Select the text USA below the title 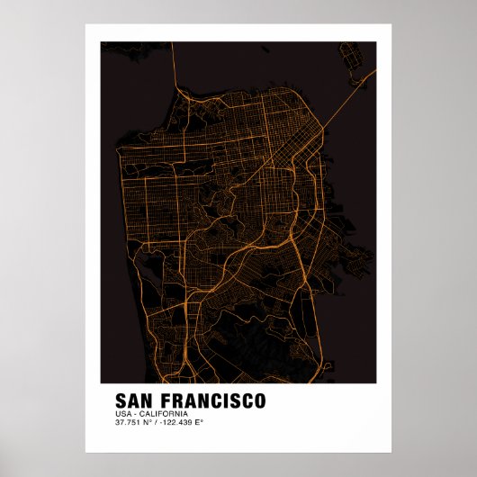(122, 413)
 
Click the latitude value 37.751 (128, 422)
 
